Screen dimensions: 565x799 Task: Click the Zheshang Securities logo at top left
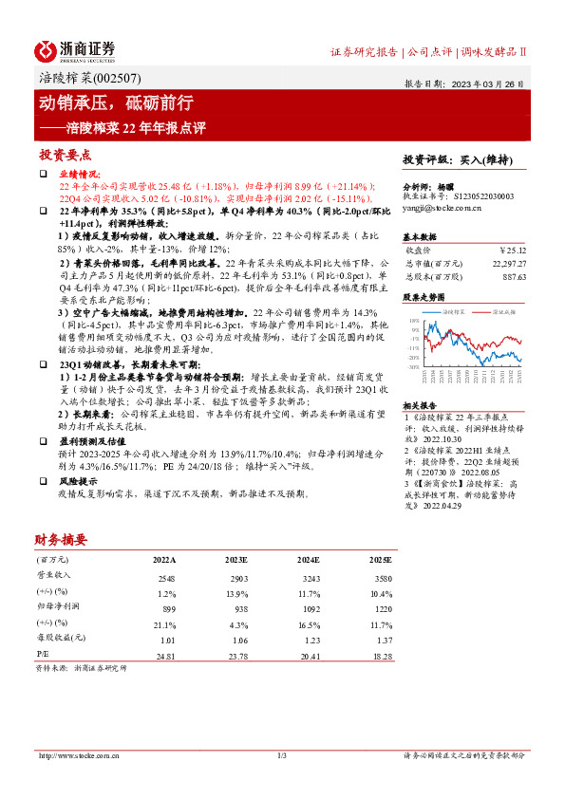75,49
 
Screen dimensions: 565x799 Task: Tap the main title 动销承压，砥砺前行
115,101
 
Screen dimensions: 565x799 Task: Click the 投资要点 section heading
65,154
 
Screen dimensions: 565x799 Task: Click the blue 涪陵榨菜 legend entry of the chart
449,310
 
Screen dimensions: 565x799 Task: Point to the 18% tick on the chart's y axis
415,321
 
